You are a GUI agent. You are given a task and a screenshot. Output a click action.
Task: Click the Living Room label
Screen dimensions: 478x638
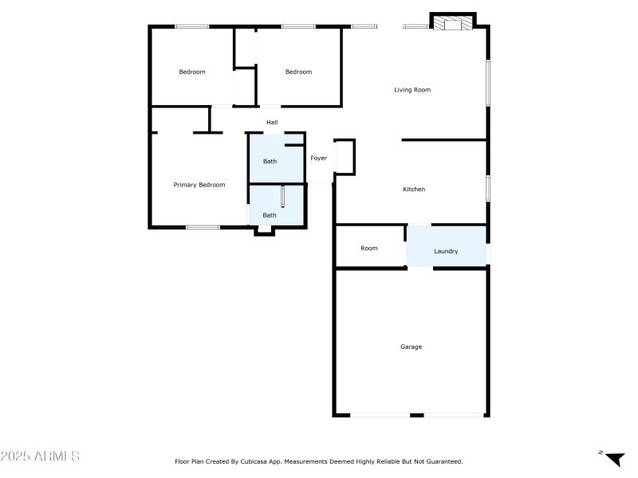click(412, 90)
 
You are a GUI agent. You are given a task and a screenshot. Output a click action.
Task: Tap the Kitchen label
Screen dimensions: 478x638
click(414, 190)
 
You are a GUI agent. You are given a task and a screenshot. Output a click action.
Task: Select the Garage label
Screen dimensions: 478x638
click(411, 347)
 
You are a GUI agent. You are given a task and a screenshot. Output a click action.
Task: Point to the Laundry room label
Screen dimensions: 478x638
click(446, 252)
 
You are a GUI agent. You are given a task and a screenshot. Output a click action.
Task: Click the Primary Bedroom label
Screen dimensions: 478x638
click(199, 185)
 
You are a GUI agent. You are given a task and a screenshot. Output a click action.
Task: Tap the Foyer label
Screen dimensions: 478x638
click(319, 159)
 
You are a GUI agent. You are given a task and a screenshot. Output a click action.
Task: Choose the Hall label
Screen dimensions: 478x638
click(272, 123)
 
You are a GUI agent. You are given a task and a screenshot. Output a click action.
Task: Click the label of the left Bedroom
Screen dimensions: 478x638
click(192, 72)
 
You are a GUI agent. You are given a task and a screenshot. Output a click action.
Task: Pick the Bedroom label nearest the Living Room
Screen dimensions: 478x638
click(299, 72)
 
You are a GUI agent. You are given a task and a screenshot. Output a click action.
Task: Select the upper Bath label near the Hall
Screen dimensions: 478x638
click(270, 162)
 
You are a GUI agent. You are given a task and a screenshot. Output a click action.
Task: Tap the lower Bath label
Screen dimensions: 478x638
click(270, 215)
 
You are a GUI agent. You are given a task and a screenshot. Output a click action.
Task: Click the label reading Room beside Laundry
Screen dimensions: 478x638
click(368, 249)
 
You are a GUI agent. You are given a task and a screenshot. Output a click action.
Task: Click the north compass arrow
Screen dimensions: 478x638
click(614, 459)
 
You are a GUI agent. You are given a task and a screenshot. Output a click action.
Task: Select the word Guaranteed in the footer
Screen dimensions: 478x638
click(443, 461)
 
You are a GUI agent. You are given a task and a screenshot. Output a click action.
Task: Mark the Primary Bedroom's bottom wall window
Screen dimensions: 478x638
click(203, 228)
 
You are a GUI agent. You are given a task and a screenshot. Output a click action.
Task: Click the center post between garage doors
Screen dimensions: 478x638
click(416, 415)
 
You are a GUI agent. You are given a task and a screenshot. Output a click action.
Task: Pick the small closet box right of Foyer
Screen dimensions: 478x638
click(345, 157)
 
